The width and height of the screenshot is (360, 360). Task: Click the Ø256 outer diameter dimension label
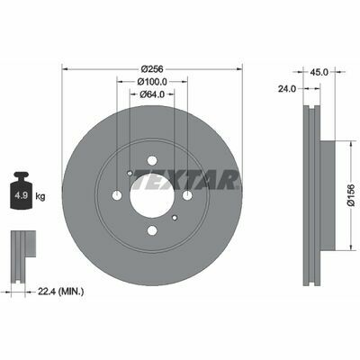(x=152, y=68)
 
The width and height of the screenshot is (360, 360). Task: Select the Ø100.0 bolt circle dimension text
(x=152, y=81)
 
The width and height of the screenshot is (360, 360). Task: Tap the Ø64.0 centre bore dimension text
(x=152, y=94)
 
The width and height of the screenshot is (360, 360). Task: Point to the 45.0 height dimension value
(x=319, y=72)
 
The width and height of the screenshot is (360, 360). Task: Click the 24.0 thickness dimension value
(x=287, y=88)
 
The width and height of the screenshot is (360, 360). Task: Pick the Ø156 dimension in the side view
(x=351, y=195)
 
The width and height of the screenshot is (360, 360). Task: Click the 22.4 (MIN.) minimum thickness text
(x=60, y=291)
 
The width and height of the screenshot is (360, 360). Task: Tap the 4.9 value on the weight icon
(x=22, y=196)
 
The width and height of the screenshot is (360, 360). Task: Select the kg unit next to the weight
(x=40, y=197)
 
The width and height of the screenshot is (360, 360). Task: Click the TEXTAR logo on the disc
(x=186, y=180)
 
